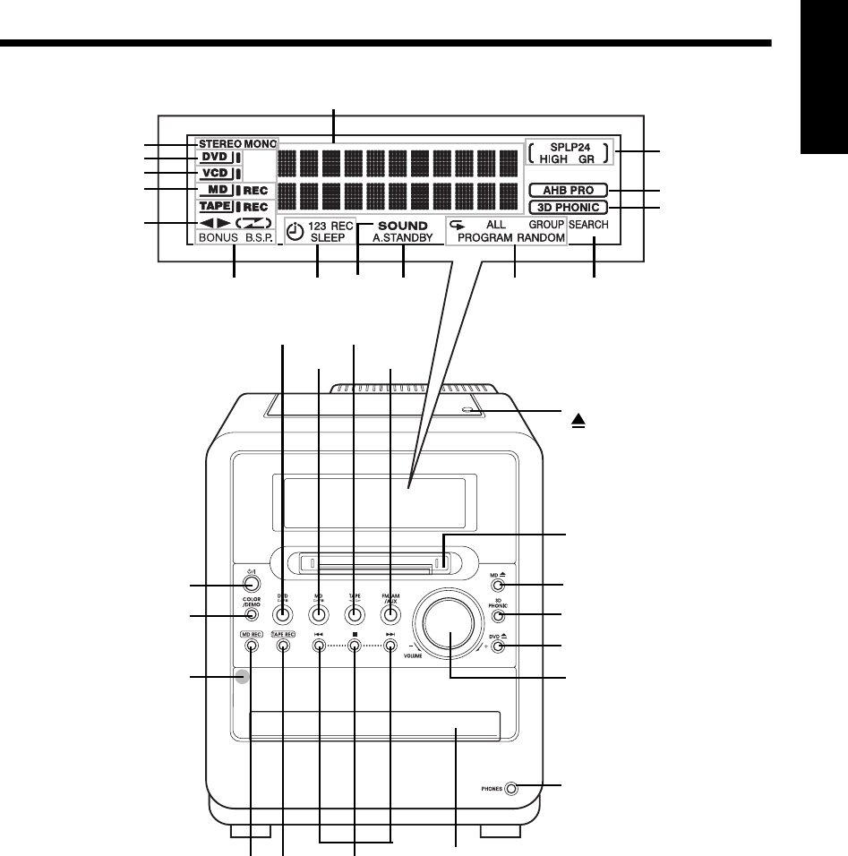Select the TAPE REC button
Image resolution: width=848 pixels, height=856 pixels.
(283, 646)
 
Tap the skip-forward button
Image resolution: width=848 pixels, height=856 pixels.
(390, 646)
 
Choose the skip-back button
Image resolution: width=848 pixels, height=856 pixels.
(319, 646)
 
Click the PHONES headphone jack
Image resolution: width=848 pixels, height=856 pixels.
(511, 789)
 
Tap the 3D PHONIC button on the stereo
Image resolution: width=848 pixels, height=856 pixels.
(499, 615)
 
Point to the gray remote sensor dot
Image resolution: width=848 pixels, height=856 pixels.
(241, 677)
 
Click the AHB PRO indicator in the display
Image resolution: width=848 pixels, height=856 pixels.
(568, 190)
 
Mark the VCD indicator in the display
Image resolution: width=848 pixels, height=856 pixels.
(215, 172)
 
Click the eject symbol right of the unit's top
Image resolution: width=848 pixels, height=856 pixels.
(579, 418)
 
